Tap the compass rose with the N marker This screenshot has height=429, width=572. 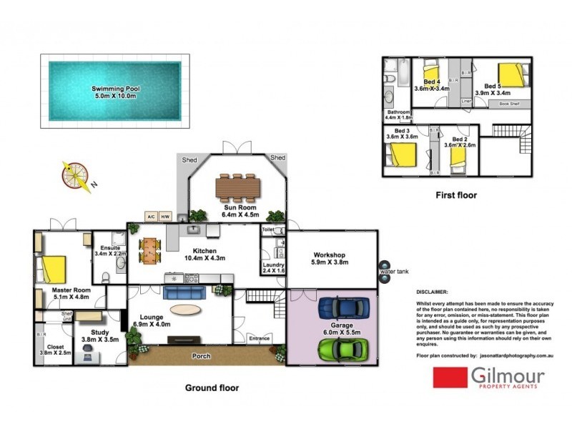click(75, 174)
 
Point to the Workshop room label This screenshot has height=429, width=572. click(329, 259)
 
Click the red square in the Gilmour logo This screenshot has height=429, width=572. click(449, 377)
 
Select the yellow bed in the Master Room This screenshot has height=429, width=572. click(53, 270)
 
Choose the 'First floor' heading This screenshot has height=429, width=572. click(455, 194)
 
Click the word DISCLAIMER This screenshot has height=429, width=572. click(433, 292)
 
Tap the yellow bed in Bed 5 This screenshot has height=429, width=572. click(511, 74)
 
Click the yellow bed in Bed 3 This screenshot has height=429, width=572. click(402, 154)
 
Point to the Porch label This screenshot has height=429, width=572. click(200, 355)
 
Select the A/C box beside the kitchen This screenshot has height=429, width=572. click(151, 216)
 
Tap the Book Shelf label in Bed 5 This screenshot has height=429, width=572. click(509, 104)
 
